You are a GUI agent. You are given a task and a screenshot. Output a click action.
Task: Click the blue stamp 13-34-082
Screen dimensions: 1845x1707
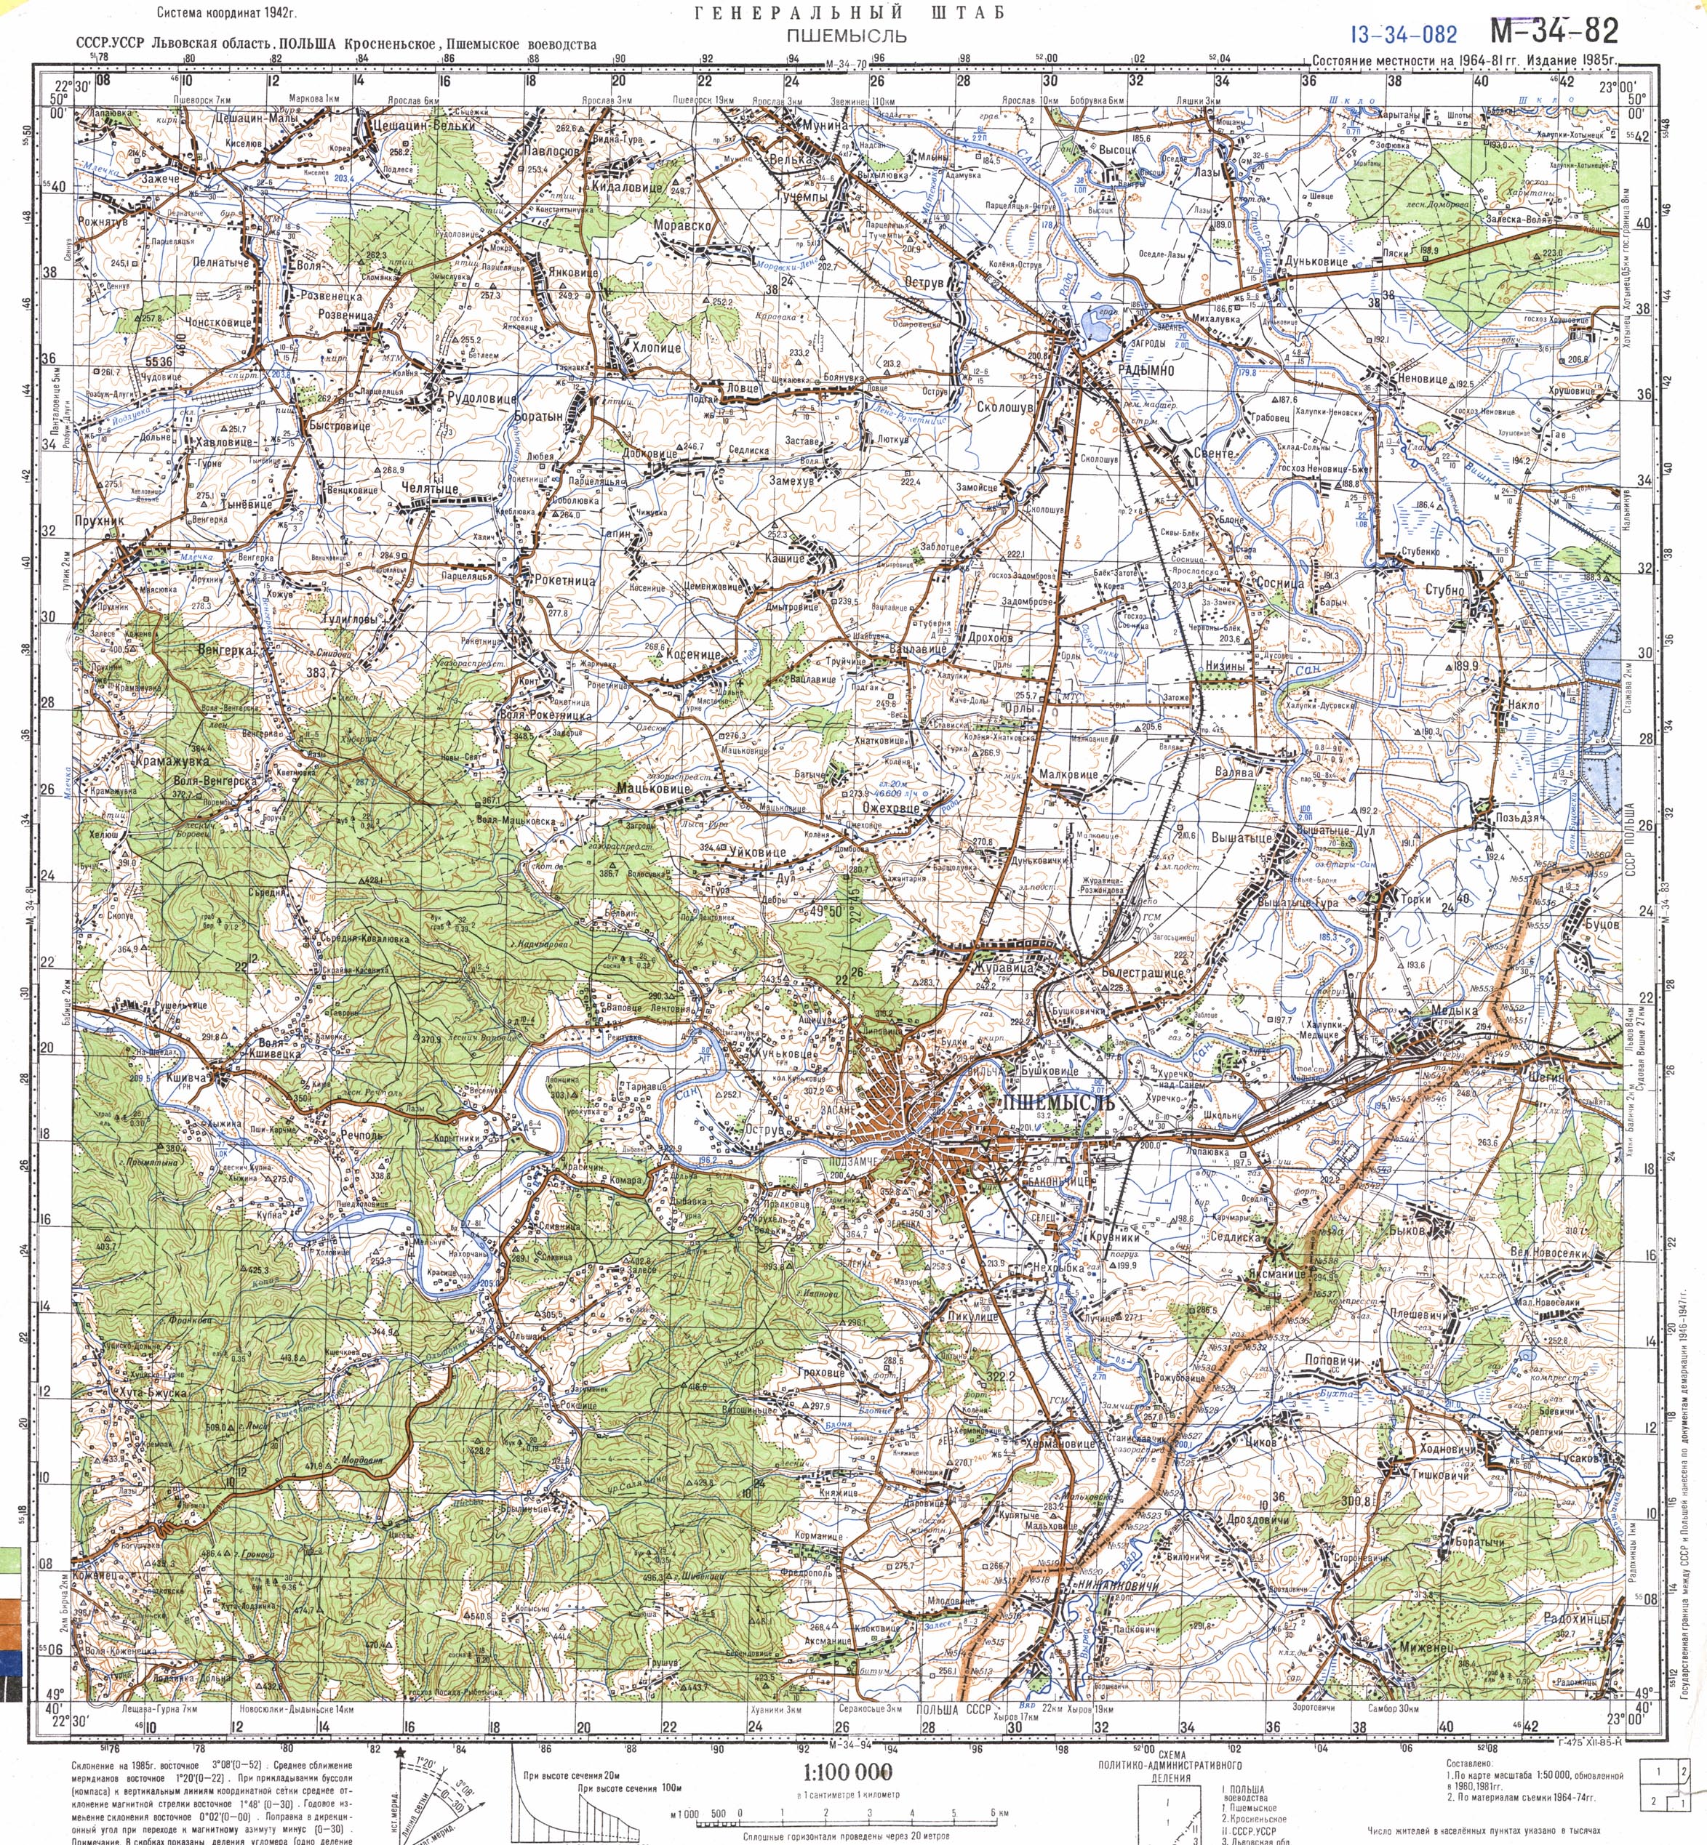coord(1403,35)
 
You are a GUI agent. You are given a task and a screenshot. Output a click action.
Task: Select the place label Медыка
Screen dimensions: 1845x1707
coord(1453,1012)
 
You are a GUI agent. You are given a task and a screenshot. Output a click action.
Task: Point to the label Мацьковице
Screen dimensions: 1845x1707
coord(653,789)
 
